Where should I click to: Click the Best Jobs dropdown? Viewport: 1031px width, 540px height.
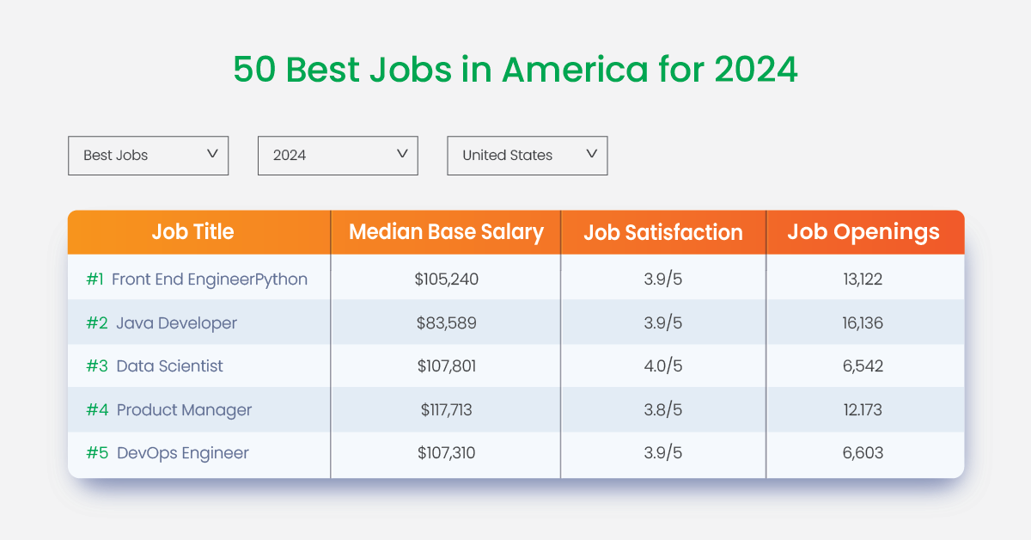click(x=148, y=156)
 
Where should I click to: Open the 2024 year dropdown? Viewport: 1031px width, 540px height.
click(x=338, y=156)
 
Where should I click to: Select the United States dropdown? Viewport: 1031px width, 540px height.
click(x=527, y=156)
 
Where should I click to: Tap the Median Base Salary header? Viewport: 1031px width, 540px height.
click(x=446, y=232)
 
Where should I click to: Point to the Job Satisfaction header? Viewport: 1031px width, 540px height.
click(x=663, y=232)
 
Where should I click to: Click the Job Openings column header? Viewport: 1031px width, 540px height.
click(x=863, y=232)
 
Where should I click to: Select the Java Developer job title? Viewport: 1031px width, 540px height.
click(x=176, y=323)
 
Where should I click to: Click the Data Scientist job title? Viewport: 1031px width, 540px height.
click(x=169, y=366)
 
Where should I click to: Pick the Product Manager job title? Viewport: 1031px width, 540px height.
click(x=184, y=410)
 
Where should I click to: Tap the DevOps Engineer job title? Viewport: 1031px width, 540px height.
click(x=182, y=453)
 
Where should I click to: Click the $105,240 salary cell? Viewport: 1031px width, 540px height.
click(x=446, y=279)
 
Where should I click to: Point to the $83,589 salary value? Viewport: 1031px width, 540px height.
click(x=446, y=323)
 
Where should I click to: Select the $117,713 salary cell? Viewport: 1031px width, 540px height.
click(x=446, y=410)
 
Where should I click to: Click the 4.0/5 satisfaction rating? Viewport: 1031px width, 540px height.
click(x=663, y=366)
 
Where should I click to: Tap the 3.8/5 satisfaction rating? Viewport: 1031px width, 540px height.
click(x=663, y=410)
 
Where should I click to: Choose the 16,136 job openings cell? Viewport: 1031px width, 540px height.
click(x=863, y=323)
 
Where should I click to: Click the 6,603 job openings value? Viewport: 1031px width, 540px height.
click(x=863, y=453)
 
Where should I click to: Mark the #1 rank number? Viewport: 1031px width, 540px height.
click(x=95, y=279)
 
